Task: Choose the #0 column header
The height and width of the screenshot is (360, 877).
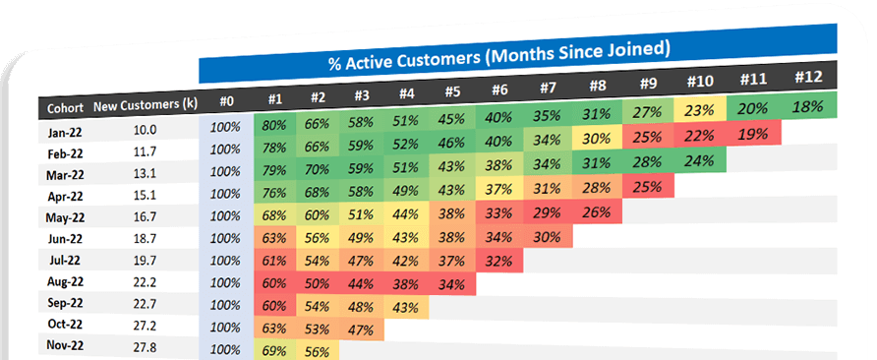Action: (x=226, y=100)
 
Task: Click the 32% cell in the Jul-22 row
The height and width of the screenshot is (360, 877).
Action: (x=497, y=262)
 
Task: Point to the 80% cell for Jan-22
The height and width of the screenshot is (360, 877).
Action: (x=274, y=125)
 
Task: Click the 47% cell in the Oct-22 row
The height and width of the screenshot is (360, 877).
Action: (x=360, y=329)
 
